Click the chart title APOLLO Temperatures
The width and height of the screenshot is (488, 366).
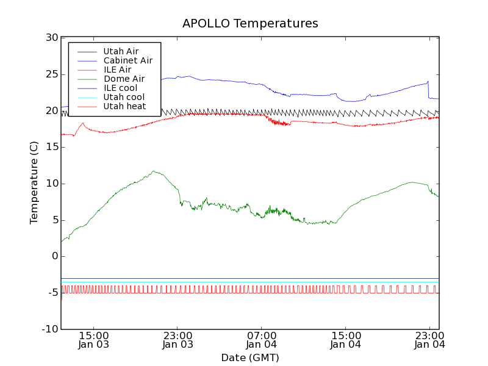pyautogui.click(x=250, y=24)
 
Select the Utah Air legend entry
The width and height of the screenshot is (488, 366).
pyautogui.click(x=121, y=51)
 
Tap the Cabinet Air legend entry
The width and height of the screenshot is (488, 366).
pyautogui.click(x=127, y=60)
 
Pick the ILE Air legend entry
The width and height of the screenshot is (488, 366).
pyautogui.click(x=117, y=70)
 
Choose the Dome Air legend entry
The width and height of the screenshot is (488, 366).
pyautogui.click(x=124, y=79)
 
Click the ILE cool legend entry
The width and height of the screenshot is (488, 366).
pyautogui.click(x=120, y=88)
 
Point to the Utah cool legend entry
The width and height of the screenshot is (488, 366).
pyautogui.click(x=124, y=97)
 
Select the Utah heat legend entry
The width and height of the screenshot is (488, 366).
pyautogui.click(x=124, y=106)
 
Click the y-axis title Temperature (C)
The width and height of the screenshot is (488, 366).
pyautogui.click(x=35, y=183)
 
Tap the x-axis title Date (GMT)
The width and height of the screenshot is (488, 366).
pyautogui.click(x=250, y=357)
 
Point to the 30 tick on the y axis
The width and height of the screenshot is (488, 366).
pyautogui.click(x=51, y=38)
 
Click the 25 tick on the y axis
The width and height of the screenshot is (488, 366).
pyautogui.click(x=51, y=74)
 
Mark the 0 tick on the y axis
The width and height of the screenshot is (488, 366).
pyautogui.click(x=54, y=256)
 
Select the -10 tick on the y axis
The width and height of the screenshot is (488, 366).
pyautogui.click(x=49, y=329)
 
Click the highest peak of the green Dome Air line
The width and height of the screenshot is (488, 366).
pyautogui.click(x=154, y=171)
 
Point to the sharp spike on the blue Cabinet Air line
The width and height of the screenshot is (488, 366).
pyautogui.click(x=428, y=81)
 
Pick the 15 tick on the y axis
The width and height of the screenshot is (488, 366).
pyautogui.click(x=51, y=147)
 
